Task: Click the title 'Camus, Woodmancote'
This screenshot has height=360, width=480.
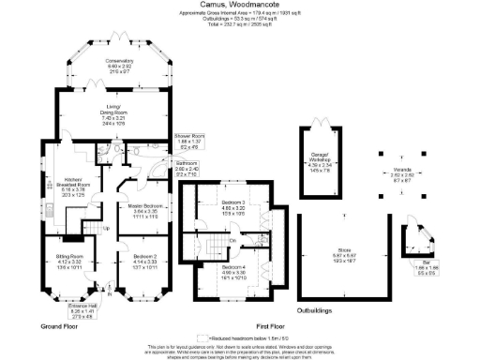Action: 239,5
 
